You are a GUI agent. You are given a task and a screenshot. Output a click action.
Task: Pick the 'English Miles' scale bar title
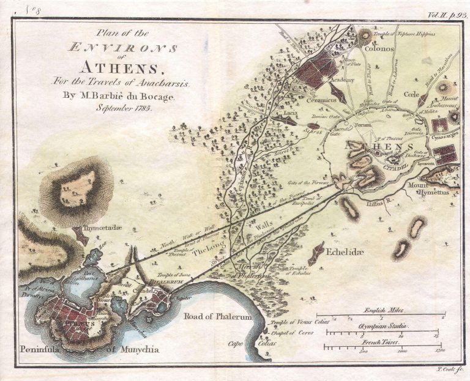pyautogui.click(x=383, y=310)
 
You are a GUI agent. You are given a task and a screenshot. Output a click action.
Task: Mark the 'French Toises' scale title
pyautogui.click(x=383, y=344)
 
